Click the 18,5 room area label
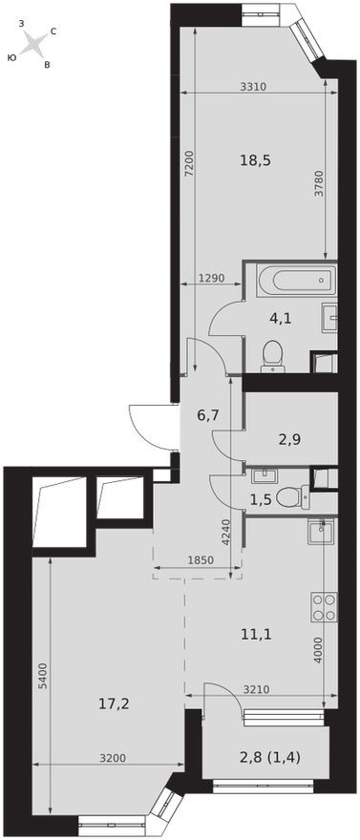click(x=256, y=160)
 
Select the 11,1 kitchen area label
click(x=258, y=631)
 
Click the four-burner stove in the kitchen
click(x=323, y=607)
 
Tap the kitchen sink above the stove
click(x=319, y=531)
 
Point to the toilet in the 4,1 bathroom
click(x=272, y=354)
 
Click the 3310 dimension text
click(x=253, y=87)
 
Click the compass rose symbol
click(x=32, y=44)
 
